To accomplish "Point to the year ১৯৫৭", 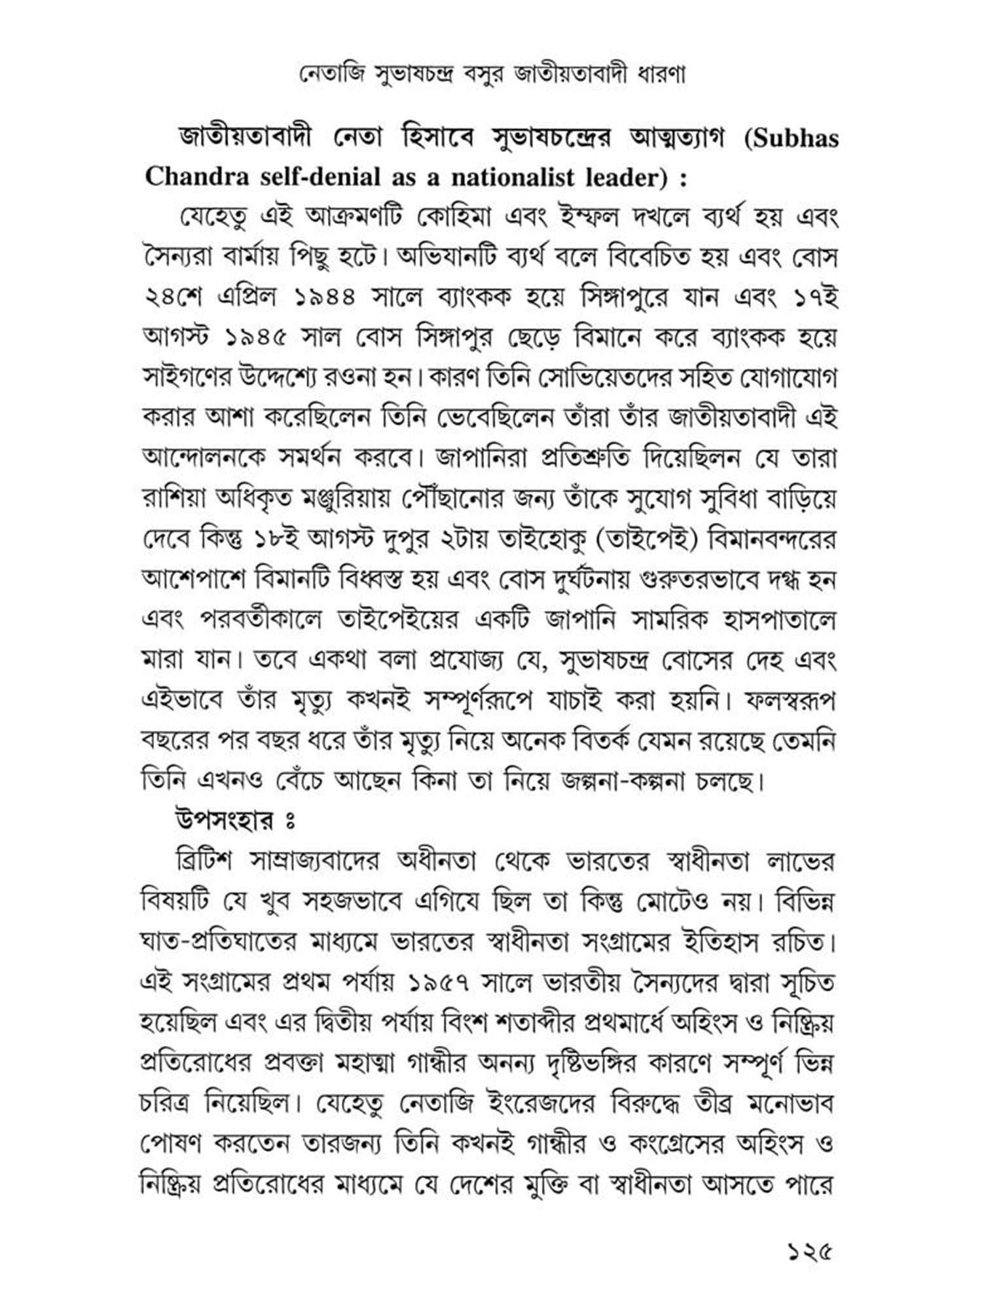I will (x=438, y=983).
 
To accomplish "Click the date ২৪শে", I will (x=174, y=299).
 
